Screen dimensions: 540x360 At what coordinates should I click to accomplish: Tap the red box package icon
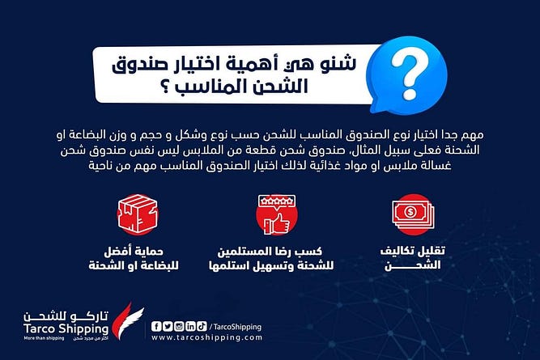click(x=138, y=214)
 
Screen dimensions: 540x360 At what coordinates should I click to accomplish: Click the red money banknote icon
click(x=413, y=214)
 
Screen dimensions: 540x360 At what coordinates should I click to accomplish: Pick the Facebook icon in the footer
click(x=156, y=326)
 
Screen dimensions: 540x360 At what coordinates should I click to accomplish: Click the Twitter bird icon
click(x=168, y=326)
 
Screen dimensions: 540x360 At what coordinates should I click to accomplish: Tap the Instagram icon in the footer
click(x=179, y=326)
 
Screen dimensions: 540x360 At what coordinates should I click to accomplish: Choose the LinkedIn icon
click(x=190, y=326)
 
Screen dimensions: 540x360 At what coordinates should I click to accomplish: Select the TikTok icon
click(x=202, y=326)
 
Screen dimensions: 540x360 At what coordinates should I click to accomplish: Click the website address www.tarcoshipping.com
click(x=206, y=337)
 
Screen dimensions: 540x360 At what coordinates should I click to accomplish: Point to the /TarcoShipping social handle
click(x=236, y=327)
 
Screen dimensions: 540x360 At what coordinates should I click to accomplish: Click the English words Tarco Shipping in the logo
click(x=66, y=328)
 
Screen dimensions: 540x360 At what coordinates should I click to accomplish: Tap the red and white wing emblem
click(x=128, y=320)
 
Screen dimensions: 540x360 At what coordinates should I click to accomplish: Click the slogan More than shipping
click(x=44, y=339)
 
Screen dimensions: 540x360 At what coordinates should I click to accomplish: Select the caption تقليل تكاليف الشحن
click(x=413, y=258)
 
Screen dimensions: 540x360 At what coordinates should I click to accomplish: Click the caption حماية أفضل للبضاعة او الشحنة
click(x=134, y=259)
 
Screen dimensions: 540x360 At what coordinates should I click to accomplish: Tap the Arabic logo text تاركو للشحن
click(x=66, y=316)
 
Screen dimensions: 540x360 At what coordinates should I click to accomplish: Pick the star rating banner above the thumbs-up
click(x=277, y=201)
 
